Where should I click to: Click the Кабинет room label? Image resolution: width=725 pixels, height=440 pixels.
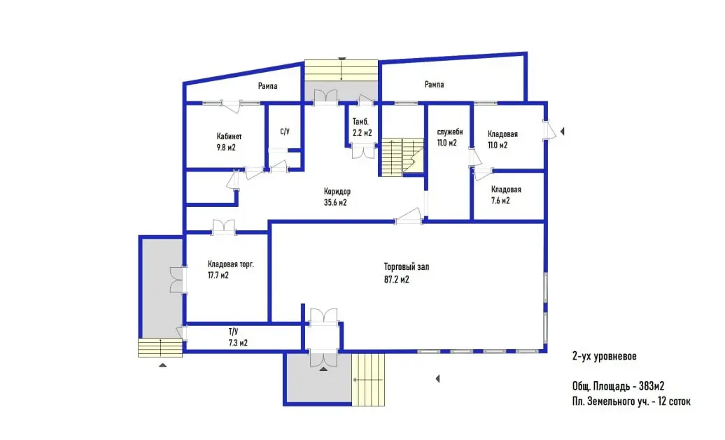(x=229, y=136)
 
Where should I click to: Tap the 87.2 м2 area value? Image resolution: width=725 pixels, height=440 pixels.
(x=396, y=279)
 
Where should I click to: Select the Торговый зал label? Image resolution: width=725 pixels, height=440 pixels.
(x=407, y=267)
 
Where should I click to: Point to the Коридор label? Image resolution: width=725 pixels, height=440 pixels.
(x=337, y=191)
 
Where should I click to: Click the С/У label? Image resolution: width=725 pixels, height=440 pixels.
(x=285, y=132)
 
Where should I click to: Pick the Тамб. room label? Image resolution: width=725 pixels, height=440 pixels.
(x=360, y=122)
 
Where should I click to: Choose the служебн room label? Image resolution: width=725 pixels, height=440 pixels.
(x=450, y=132)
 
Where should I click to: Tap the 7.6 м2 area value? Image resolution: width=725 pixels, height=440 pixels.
(x=500, y=201)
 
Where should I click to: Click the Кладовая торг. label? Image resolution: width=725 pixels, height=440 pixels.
(x=231, y=264)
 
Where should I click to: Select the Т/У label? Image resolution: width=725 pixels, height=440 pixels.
(x=233, y=332)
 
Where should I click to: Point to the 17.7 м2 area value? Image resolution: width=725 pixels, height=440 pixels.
(x=218, y=276)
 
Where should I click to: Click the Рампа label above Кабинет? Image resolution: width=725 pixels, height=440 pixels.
(x=268, y=86)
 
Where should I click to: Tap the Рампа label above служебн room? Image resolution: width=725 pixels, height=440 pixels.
(x=434, y=84)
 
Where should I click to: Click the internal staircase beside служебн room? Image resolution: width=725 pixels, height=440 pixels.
(x=402, y=157)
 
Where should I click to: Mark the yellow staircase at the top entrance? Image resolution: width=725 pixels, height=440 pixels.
(x=342, y=70)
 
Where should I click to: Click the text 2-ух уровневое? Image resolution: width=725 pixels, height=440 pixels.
(x=605, y=356)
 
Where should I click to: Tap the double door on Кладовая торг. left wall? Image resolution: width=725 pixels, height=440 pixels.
(x=177, y=280)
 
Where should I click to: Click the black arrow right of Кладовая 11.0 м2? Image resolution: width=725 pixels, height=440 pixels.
(x=562, y=132)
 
